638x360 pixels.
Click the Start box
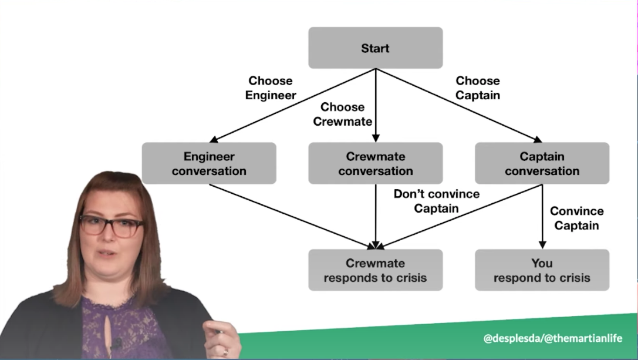point(375,48)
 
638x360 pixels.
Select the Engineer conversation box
point(209,164)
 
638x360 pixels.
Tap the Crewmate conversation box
point(375,164)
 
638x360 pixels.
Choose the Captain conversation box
point(542,164)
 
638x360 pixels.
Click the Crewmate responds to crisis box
point(375,270)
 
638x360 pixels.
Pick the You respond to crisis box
point(542,270)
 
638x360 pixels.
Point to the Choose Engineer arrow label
point(271,88)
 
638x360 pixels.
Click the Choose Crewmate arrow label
point(343,115)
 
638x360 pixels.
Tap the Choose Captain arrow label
point(478,88)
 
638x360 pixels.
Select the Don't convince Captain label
point(436,201)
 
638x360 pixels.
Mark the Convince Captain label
point(577,218)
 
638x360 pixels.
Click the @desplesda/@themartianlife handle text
point(552,339)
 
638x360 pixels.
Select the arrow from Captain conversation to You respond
point(542,217)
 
